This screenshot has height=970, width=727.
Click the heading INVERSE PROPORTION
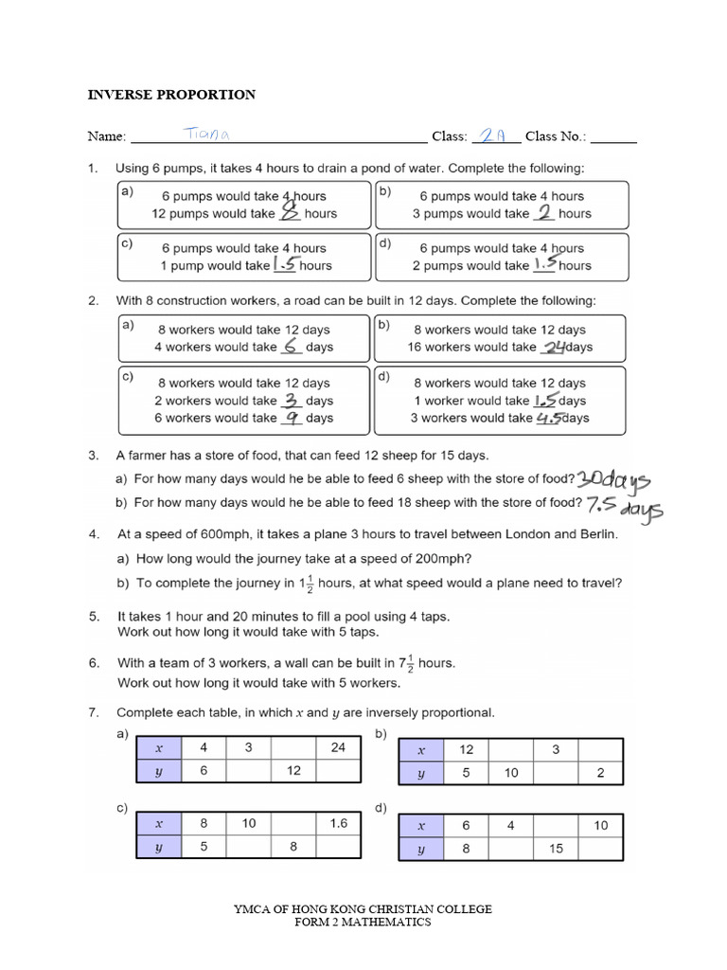171,95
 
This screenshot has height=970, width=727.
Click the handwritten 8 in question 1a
291,213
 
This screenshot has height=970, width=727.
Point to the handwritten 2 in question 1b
543,212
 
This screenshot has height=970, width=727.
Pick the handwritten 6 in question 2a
292,347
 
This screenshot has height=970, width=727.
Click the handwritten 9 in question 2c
292,417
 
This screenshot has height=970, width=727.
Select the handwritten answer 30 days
614,479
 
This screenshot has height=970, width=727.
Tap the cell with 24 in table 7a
339,746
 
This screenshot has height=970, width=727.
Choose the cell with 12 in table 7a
293,770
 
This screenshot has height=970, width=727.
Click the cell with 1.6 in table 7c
339,824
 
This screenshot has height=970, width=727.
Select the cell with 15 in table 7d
556,849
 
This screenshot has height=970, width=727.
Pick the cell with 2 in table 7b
601,773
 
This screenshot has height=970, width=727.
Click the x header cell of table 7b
422,749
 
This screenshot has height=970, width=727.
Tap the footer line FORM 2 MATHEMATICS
363,922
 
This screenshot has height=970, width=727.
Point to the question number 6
94,664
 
